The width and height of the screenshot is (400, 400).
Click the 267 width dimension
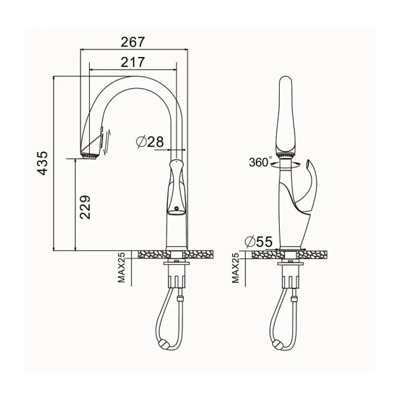[133, 42]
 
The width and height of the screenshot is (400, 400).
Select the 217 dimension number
[133, 62]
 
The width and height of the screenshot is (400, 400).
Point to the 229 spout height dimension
[85, 207]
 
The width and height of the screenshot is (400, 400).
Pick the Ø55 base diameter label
[259, 241]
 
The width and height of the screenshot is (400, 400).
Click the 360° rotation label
[259, 162]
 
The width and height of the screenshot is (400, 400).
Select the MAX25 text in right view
[236, 268]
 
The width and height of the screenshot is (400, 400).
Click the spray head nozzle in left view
[89, 156]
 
